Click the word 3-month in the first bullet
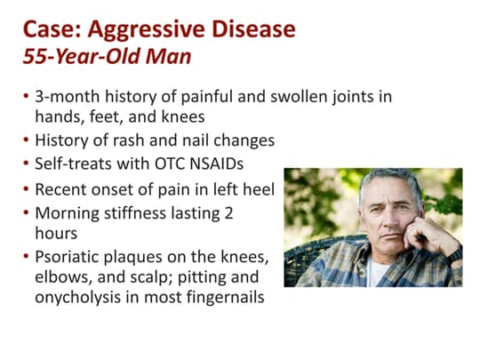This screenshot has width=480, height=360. click(x=62, y=96)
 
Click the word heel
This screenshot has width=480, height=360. click(x=258, y=188)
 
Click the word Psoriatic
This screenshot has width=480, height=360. click(x=68, y=257)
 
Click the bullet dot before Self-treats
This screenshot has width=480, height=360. click(x=26, y=164)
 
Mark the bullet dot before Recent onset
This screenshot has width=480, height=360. click(x=26, y=189)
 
